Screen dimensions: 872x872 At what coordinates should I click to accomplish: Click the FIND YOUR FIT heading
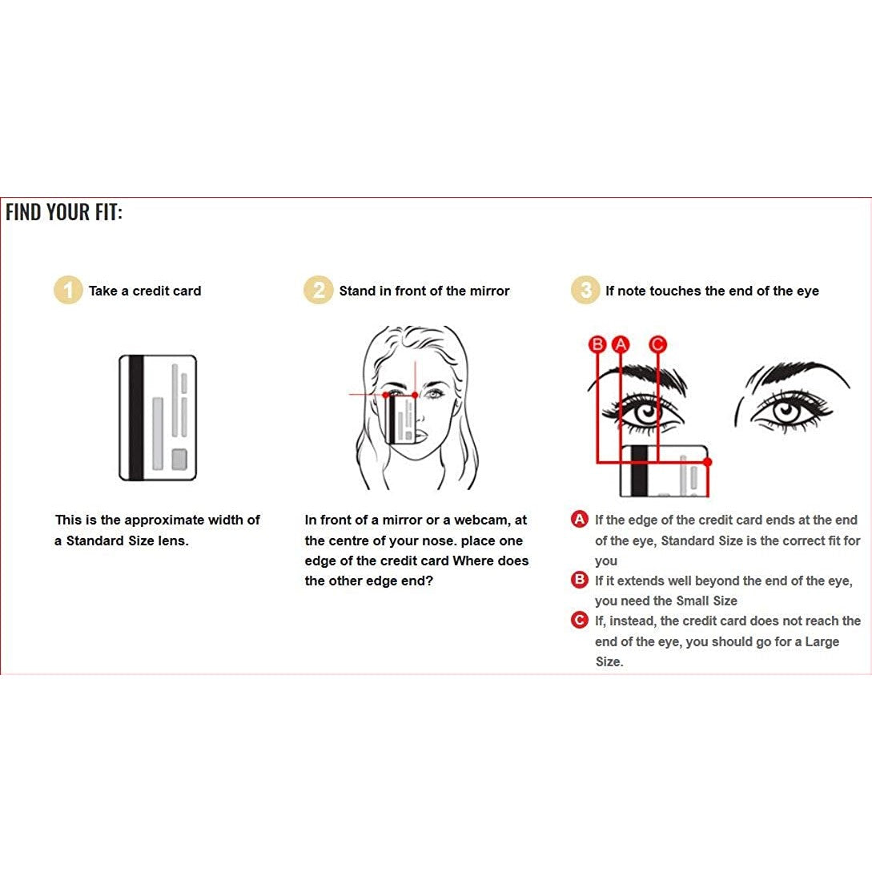[x=63, y=212]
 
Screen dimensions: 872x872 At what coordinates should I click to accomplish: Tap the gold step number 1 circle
[x=68, y=291]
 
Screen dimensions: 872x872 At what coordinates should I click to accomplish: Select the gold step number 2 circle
[x=318, y=291]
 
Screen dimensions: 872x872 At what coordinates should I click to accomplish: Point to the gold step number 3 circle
[x=585, y=291]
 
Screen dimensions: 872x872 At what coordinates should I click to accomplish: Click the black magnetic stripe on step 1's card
[x=136, y=418]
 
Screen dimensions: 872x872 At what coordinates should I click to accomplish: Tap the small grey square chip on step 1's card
[x=179, y=460]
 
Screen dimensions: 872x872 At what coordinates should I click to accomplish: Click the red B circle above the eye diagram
[x=597, y=344]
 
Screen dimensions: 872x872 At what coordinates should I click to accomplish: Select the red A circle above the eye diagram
[x=621, y=344]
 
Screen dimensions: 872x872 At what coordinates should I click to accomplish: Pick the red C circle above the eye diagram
[x=658, y=344]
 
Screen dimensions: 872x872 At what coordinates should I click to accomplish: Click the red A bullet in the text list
[x=580, y=520]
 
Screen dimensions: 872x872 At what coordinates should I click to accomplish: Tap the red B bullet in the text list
[x=580, y=580]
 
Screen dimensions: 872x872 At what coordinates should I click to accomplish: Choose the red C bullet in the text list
[x=580, y=620]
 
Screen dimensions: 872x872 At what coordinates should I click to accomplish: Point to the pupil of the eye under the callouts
[x=647, y=412]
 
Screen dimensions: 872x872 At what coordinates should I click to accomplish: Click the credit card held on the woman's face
[x=401, y=420]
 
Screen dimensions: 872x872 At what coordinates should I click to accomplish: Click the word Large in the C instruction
[x=822, y=641]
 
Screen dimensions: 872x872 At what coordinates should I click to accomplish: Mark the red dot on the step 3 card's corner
[x=707, y=462]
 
